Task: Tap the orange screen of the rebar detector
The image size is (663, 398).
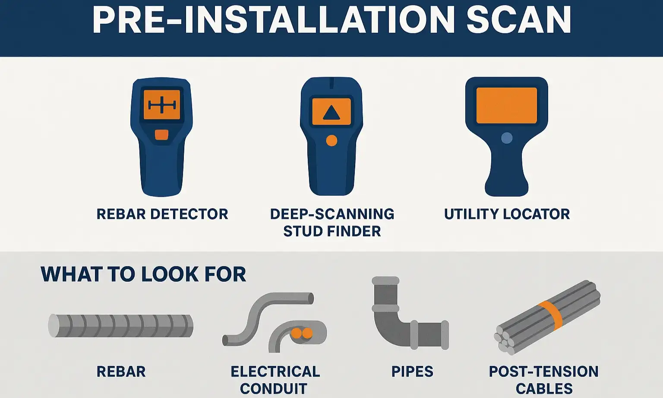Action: pos(162,105)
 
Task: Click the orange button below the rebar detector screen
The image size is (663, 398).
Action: pos(161,135)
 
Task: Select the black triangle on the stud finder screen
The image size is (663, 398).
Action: pos(331,113)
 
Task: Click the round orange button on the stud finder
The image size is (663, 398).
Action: pos(331,140)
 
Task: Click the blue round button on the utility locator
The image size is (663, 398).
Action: pos(507,138)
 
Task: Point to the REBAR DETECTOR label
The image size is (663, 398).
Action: pos(162,214)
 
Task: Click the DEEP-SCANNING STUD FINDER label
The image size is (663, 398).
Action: pos(332,223)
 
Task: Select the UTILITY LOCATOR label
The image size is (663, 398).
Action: pos(507,214)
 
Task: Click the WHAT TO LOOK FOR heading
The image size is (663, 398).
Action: pos(143,274)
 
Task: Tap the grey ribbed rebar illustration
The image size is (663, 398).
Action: pos(121,325)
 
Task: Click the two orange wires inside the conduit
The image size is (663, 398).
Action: pos(301,333)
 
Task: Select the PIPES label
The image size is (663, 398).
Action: pos(412,372)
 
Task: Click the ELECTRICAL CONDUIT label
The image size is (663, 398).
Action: pos(275,380)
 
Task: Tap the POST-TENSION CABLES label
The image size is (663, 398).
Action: pos(544,380)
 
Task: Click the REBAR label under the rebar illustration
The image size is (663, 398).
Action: pos(121,372)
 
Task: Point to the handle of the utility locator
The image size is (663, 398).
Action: pos(507,173)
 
